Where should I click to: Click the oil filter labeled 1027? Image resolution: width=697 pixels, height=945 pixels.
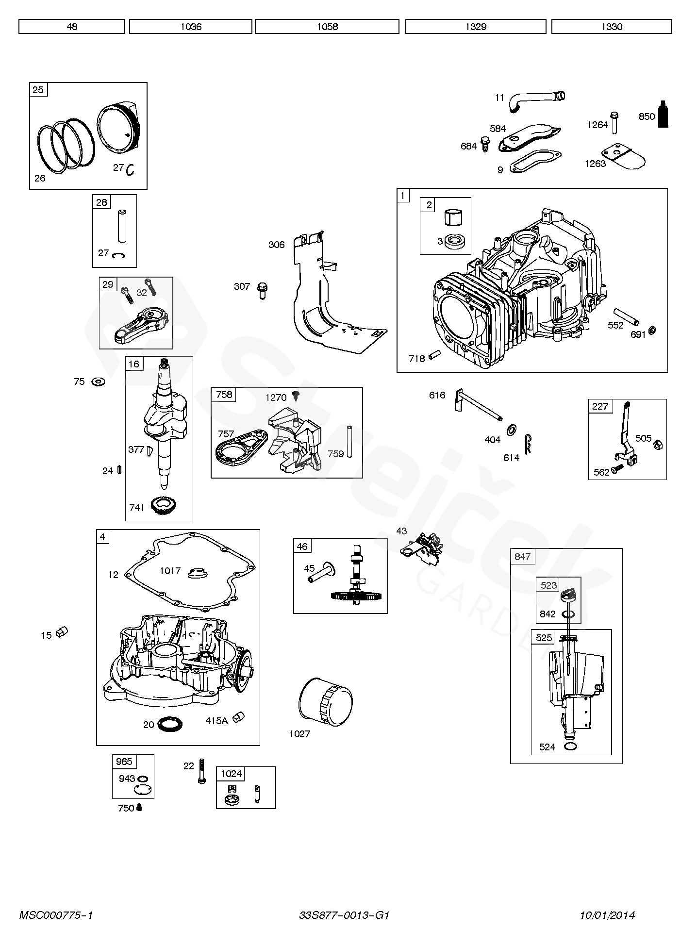coord(325,702)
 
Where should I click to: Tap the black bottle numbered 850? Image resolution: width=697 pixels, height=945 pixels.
coord(663,115)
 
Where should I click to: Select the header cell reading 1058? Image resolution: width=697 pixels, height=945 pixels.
coord(327,27)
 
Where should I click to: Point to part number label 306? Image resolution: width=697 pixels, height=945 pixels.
coord(277,245)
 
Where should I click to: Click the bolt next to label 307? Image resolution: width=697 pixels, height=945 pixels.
coord(263,290)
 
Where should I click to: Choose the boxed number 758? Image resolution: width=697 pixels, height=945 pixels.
coord(224,395)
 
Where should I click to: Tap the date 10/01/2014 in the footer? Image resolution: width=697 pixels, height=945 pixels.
coord(607,915)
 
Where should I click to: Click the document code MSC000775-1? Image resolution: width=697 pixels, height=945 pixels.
coord(56,915)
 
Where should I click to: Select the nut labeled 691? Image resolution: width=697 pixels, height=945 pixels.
coord(653,331)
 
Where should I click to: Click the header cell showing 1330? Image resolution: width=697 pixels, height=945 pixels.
coord(612,27)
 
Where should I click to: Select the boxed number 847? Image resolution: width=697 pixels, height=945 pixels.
coord(522,557)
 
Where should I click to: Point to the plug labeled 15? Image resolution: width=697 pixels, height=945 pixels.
coord(62,632)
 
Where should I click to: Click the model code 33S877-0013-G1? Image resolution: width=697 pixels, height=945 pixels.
coord(344,915)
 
